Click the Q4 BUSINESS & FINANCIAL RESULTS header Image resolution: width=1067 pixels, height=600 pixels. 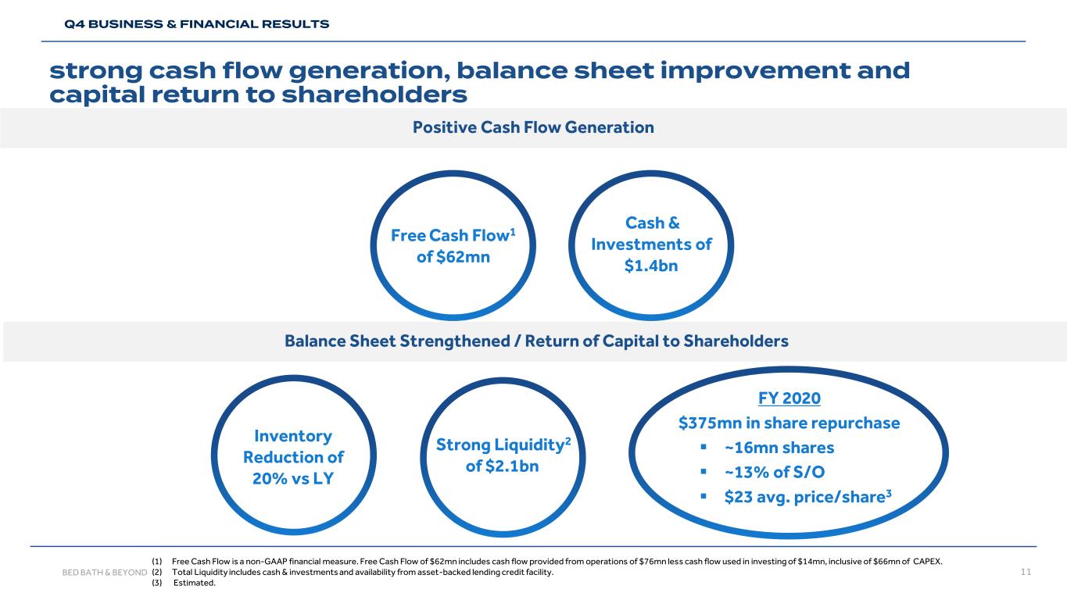point(196,24)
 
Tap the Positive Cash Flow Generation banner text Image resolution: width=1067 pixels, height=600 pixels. point(533,127)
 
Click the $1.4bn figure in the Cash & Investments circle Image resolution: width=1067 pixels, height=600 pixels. point(651,266)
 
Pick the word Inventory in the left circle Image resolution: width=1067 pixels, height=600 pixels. point(293,436)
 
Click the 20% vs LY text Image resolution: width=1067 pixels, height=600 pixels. point(293,478)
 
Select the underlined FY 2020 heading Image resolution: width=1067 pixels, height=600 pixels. point(790,398)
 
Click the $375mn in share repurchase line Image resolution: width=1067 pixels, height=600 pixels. point(790,423)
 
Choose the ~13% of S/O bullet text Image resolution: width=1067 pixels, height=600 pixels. point(774,472)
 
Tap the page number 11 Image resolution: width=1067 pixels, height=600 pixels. point(1026,573)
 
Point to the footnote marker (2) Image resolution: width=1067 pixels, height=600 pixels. point(157,573)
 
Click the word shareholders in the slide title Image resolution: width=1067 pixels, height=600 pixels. point(383,95)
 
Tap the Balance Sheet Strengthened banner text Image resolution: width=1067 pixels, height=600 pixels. point(536,341)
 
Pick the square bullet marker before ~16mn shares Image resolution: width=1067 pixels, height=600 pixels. point(704,448)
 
